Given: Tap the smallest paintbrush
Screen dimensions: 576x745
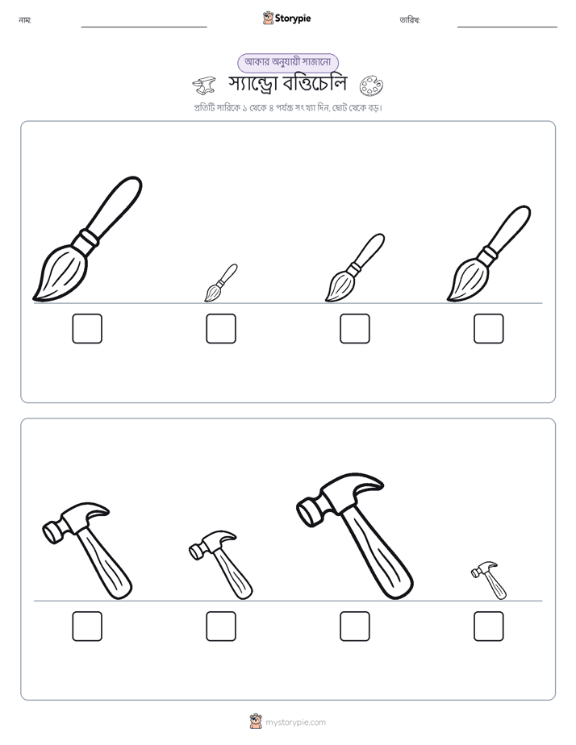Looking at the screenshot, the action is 220,283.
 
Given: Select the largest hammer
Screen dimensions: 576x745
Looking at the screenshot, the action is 354,535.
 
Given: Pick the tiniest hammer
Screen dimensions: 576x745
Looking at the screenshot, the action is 489,581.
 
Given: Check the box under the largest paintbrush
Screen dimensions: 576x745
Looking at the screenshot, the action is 87,328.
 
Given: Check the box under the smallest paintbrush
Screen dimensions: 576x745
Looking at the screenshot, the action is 221,328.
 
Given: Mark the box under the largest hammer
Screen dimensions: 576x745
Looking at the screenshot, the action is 354,626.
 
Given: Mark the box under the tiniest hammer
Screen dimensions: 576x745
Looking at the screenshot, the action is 489,626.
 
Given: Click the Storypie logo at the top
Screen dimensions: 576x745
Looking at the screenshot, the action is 286,18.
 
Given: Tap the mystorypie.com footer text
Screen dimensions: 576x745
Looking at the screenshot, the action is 295,722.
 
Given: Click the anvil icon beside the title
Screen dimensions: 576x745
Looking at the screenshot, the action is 204,85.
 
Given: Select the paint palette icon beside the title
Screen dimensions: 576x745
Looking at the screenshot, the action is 371,85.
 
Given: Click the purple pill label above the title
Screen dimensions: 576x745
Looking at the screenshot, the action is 288,62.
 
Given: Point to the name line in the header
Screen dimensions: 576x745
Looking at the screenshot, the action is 144,27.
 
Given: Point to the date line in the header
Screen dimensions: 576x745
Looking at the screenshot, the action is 507,27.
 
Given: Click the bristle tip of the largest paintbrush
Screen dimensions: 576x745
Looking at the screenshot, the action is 34,299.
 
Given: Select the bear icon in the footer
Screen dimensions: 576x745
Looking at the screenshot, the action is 256,722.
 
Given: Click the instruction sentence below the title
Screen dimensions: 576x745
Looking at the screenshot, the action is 288,108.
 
